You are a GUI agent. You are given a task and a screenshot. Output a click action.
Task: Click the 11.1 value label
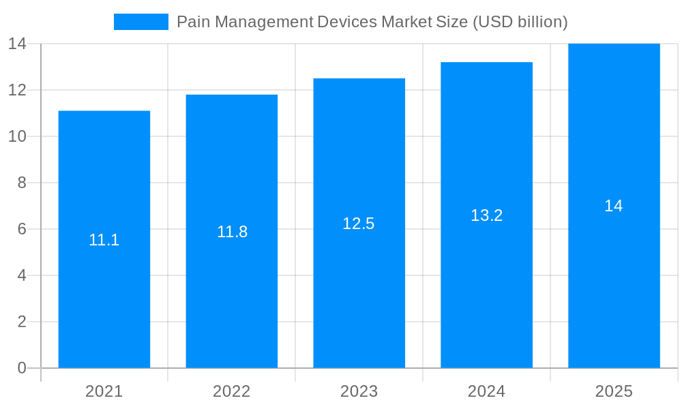(104, 240)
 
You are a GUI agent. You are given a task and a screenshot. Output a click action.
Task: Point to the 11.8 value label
(232, 232)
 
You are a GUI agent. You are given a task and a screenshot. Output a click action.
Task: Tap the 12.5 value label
(359, 224)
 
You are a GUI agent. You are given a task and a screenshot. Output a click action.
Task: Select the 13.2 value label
(486, 215)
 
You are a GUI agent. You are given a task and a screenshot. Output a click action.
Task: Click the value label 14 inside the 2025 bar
(614, 206)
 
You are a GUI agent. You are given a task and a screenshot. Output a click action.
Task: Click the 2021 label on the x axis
(104, 391)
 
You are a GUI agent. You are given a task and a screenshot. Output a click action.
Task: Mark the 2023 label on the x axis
(359, 391)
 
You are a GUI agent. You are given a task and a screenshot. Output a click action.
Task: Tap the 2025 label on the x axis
(614, 391)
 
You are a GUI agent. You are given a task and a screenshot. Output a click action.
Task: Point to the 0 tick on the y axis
(22, 368)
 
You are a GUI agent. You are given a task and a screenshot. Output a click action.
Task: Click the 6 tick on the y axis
(22, 229)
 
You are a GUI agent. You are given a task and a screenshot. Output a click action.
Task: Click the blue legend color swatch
(140, 22)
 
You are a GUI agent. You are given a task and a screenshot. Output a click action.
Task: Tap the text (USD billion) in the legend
(520, 22)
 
